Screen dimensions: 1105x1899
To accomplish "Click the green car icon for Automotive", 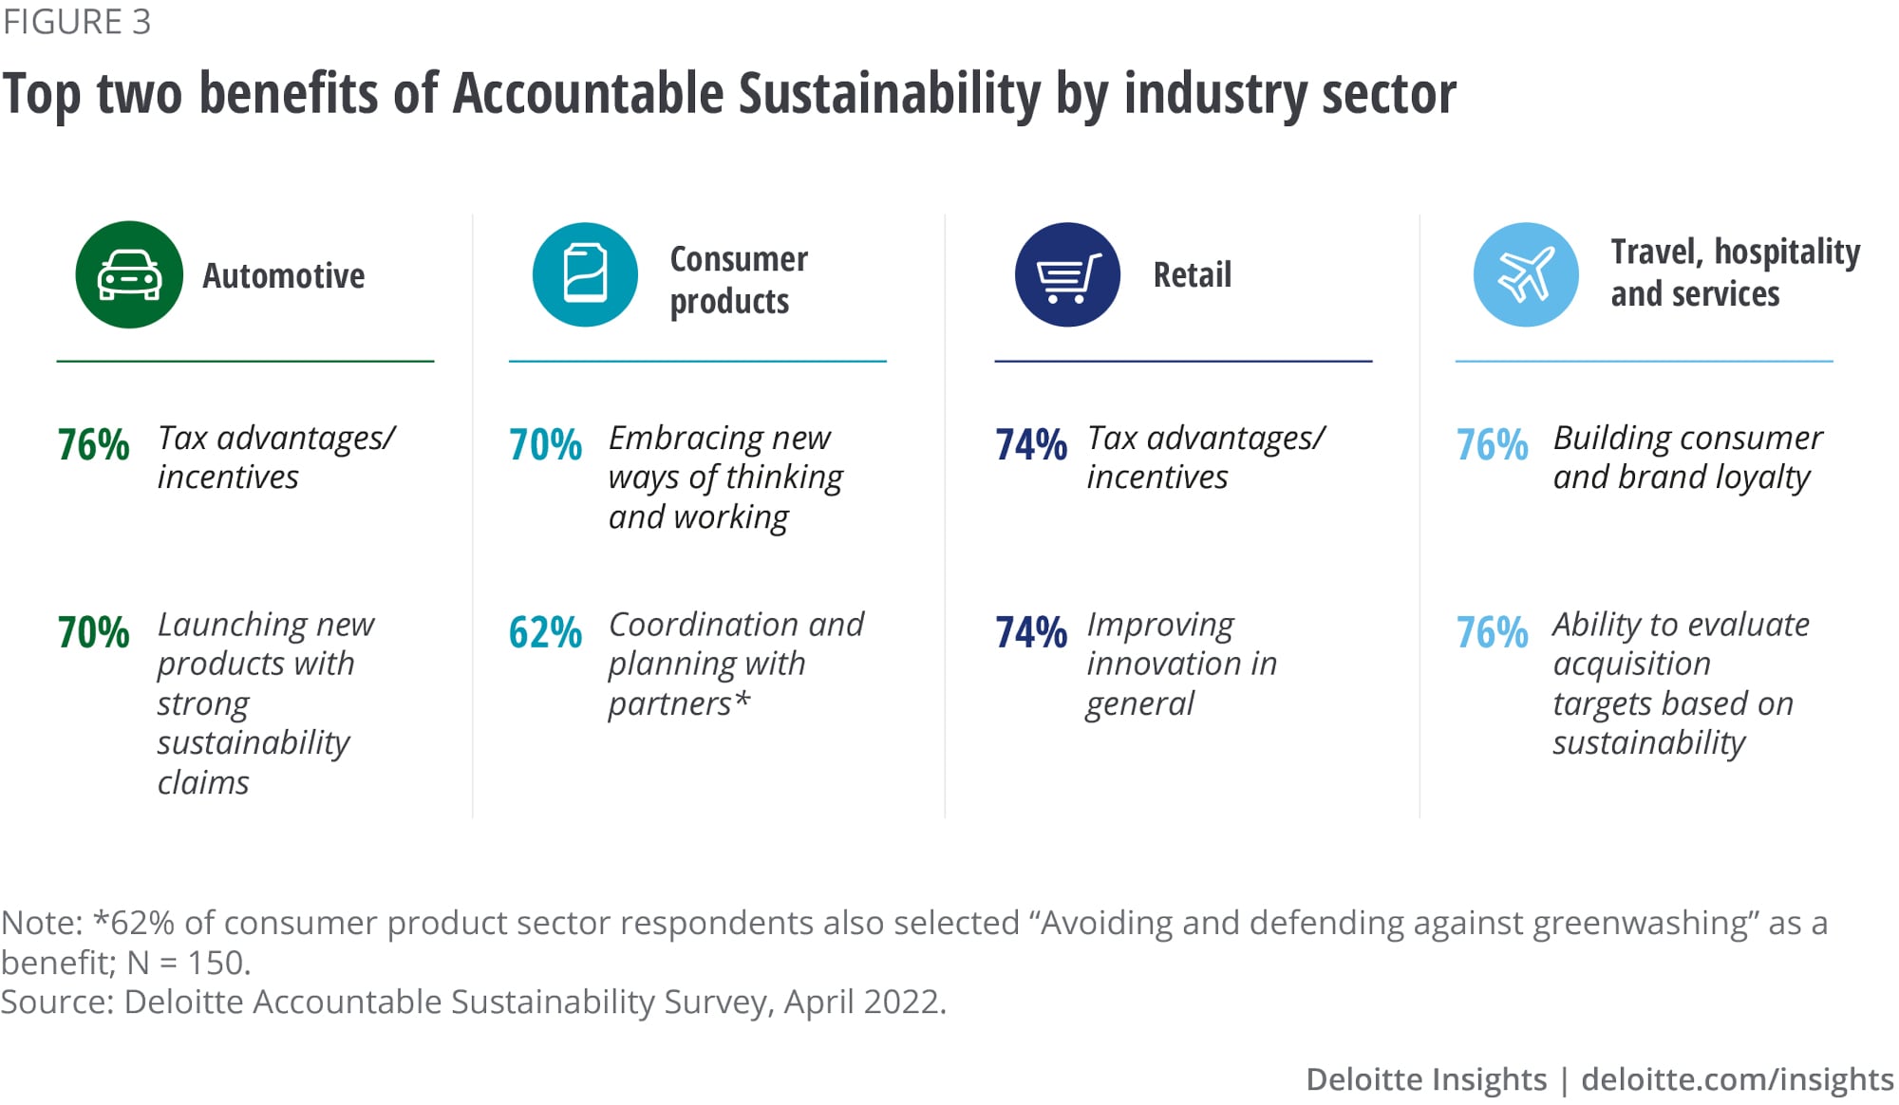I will (x=129, y=275).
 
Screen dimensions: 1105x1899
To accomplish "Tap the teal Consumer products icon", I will (x=585, y=275).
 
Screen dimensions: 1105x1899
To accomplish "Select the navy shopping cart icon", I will (x=1067, y=275).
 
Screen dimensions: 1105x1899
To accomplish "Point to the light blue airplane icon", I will (x=1526, y=275).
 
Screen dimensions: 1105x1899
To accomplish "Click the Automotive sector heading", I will (x=283, y=276).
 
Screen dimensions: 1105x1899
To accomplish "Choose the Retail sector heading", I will (x=1192, y=275).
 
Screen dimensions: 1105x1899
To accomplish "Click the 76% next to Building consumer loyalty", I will (x=1492, y=444).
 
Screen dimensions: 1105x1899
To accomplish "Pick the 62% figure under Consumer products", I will (x=545, y=632).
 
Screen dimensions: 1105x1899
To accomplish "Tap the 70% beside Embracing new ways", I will (x=545, y=444).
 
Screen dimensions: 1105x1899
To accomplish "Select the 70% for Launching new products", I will (x=93, y=632).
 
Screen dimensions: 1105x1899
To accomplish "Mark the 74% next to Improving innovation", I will (x=1030, y=632).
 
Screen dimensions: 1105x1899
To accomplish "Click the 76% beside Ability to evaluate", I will (x=1492, y=632).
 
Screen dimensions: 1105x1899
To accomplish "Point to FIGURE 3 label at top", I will (x=77, y=22).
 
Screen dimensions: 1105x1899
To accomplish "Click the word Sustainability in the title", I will (x=890, y=95).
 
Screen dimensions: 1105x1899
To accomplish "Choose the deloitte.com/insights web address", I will (x=1737, y=1079).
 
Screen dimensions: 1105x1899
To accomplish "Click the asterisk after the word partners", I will (x=743, y=701).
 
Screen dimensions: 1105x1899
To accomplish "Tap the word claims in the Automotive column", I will (x=203, y=783).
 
